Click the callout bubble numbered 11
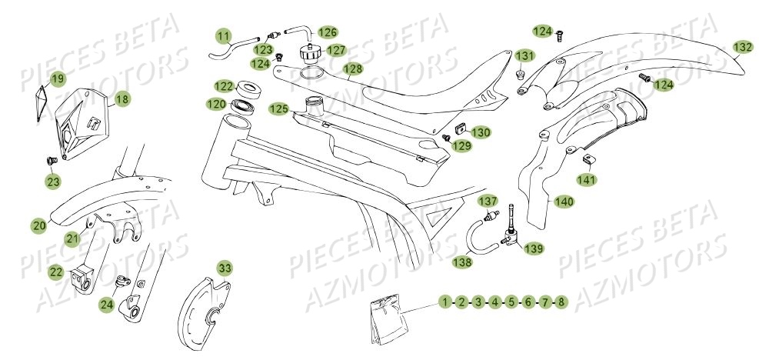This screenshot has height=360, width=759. tap(223, 36)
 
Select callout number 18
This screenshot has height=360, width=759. tap(122, 99)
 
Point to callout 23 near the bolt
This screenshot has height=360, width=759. tap(52, 182)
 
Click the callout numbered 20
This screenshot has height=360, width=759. tap(38, 225)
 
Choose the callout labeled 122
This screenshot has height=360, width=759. tap(224, 86)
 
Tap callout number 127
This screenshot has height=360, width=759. tap(335, 50)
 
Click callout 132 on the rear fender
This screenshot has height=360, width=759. tap(742, 47)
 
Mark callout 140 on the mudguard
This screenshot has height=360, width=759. tap(563, 202)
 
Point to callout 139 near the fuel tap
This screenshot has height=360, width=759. tap(534, 248)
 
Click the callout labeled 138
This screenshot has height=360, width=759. tap(465, 262)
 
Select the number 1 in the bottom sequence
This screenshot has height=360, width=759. tap(444, 302)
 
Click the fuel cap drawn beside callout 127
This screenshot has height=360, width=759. tap(311, 56)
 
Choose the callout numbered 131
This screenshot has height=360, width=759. tap(524, 56)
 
